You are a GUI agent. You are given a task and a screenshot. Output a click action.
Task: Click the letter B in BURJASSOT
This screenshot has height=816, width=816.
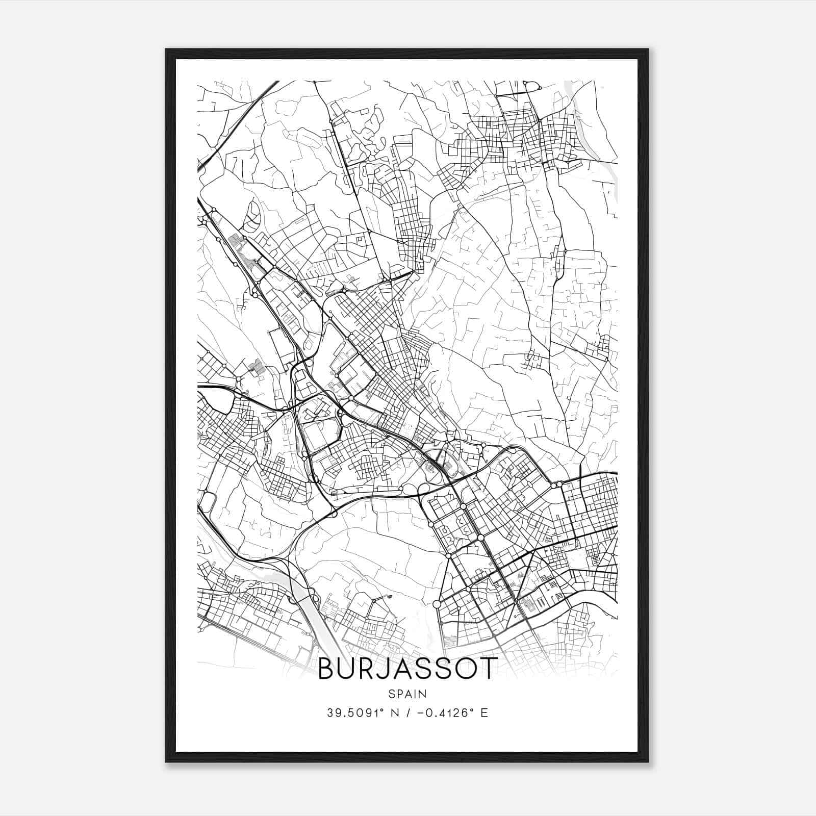click(x=327, y=669)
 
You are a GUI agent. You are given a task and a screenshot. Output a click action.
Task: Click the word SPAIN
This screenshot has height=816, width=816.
click(x=407, y=694)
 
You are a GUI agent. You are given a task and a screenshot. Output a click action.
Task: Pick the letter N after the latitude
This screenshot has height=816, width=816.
click(x=393, y=712)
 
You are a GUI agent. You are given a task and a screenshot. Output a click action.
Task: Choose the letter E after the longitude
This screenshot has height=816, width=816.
click(x=484, y=712)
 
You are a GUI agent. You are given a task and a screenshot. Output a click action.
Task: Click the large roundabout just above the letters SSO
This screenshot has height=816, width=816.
click(x=437, y=604)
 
